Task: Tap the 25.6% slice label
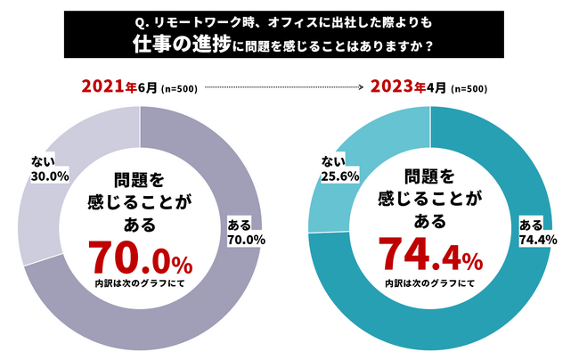341,176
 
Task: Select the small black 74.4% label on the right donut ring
537,239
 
